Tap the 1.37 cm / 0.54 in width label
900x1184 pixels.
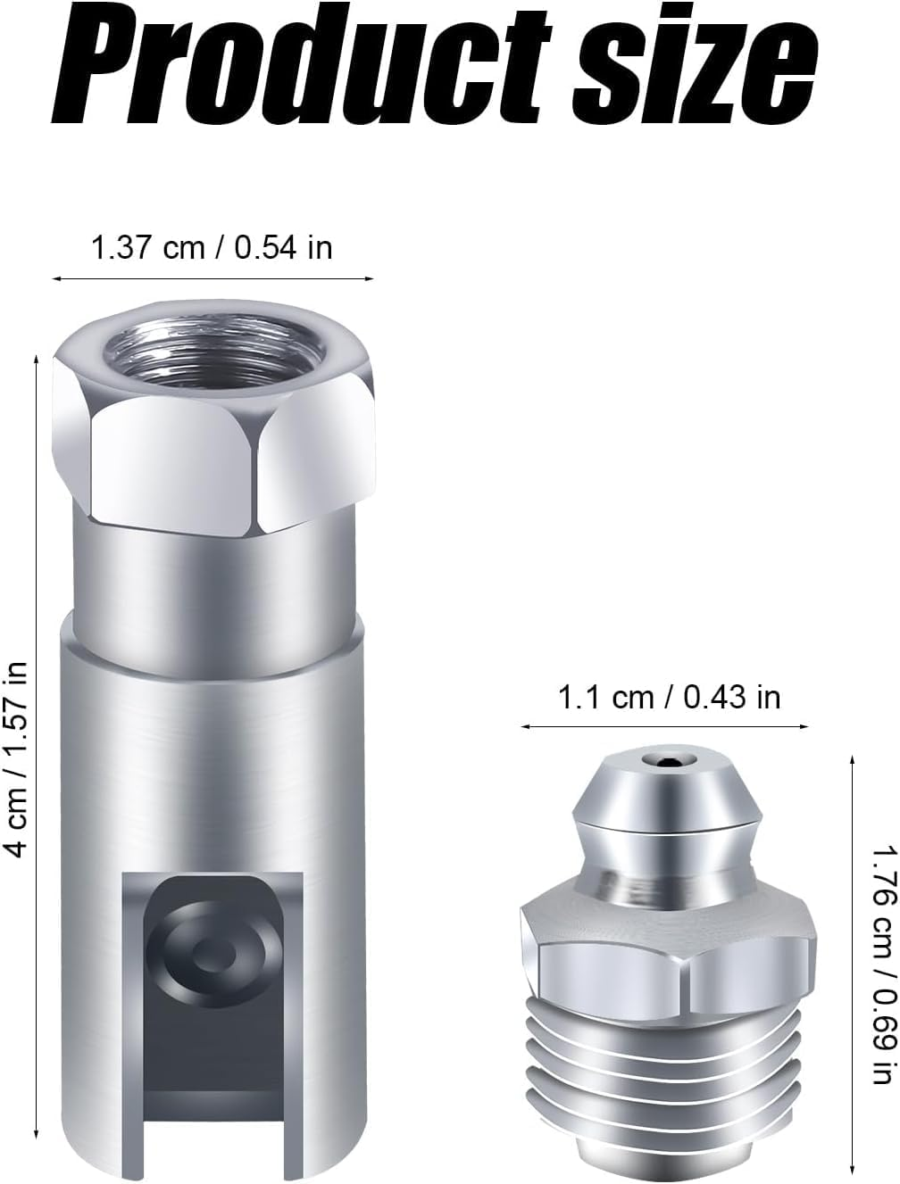(x=212, y=247)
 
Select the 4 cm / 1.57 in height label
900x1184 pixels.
(x=17, y=758)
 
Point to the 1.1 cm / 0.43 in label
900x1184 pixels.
(x=669, y=696)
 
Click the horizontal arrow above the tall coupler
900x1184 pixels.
(x=212, y=279)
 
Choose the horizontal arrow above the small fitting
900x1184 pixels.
(x=665, y=726)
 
